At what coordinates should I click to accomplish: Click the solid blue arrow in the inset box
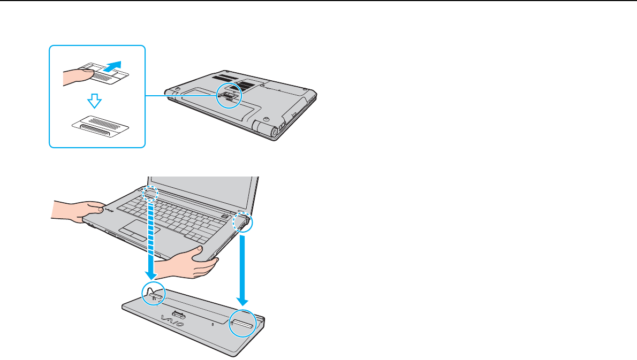click(112, 67)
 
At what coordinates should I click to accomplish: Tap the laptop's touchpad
click(132, 233)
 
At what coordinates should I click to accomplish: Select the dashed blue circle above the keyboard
click(151, 193)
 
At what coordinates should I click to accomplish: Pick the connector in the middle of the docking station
click(179, 315)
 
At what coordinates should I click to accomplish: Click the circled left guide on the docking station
click(153, 294)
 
